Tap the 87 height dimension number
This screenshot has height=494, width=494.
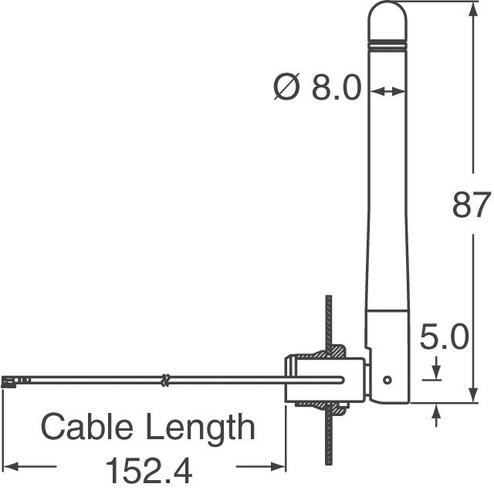click(x=471, y=205)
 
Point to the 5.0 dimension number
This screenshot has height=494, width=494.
click(x=443, y=339)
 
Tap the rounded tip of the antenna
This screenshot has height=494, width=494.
click(x=387, y=15)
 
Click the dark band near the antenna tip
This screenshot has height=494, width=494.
click(x=387, y=40)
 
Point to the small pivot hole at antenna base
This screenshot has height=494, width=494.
click(x=387, y=380)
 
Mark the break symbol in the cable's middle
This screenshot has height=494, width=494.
click(x=164, y=380)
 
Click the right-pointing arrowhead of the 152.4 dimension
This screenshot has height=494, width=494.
click(x=280, y=466)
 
